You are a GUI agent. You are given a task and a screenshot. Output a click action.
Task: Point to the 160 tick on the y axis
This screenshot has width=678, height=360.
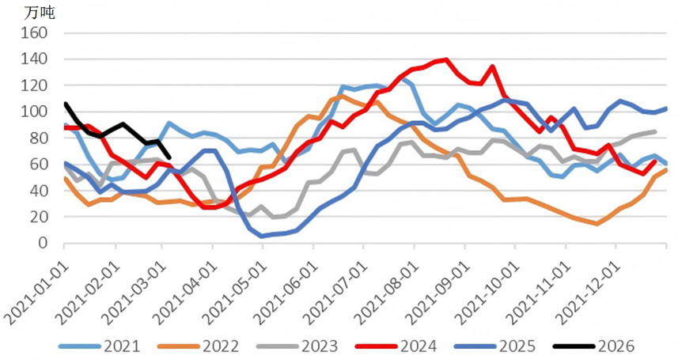point(37,33)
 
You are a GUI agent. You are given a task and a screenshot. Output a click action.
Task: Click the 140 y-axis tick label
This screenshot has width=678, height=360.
point(37,59)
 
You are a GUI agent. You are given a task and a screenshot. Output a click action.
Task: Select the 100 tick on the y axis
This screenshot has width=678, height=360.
point(37,112)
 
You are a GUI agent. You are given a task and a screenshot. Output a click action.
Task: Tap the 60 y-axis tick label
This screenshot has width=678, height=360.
point(40,165)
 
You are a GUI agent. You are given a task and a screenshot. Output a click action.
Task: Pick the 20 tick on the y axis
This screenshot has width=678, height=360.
point(40,217)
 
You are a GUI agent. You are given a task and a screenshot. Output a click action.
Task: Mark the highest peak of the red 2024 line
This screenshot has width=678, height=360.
point(447,59)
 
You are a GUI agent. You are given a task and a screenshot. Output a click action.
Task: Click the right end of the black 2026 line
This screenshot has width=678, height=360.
point(169,157)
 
